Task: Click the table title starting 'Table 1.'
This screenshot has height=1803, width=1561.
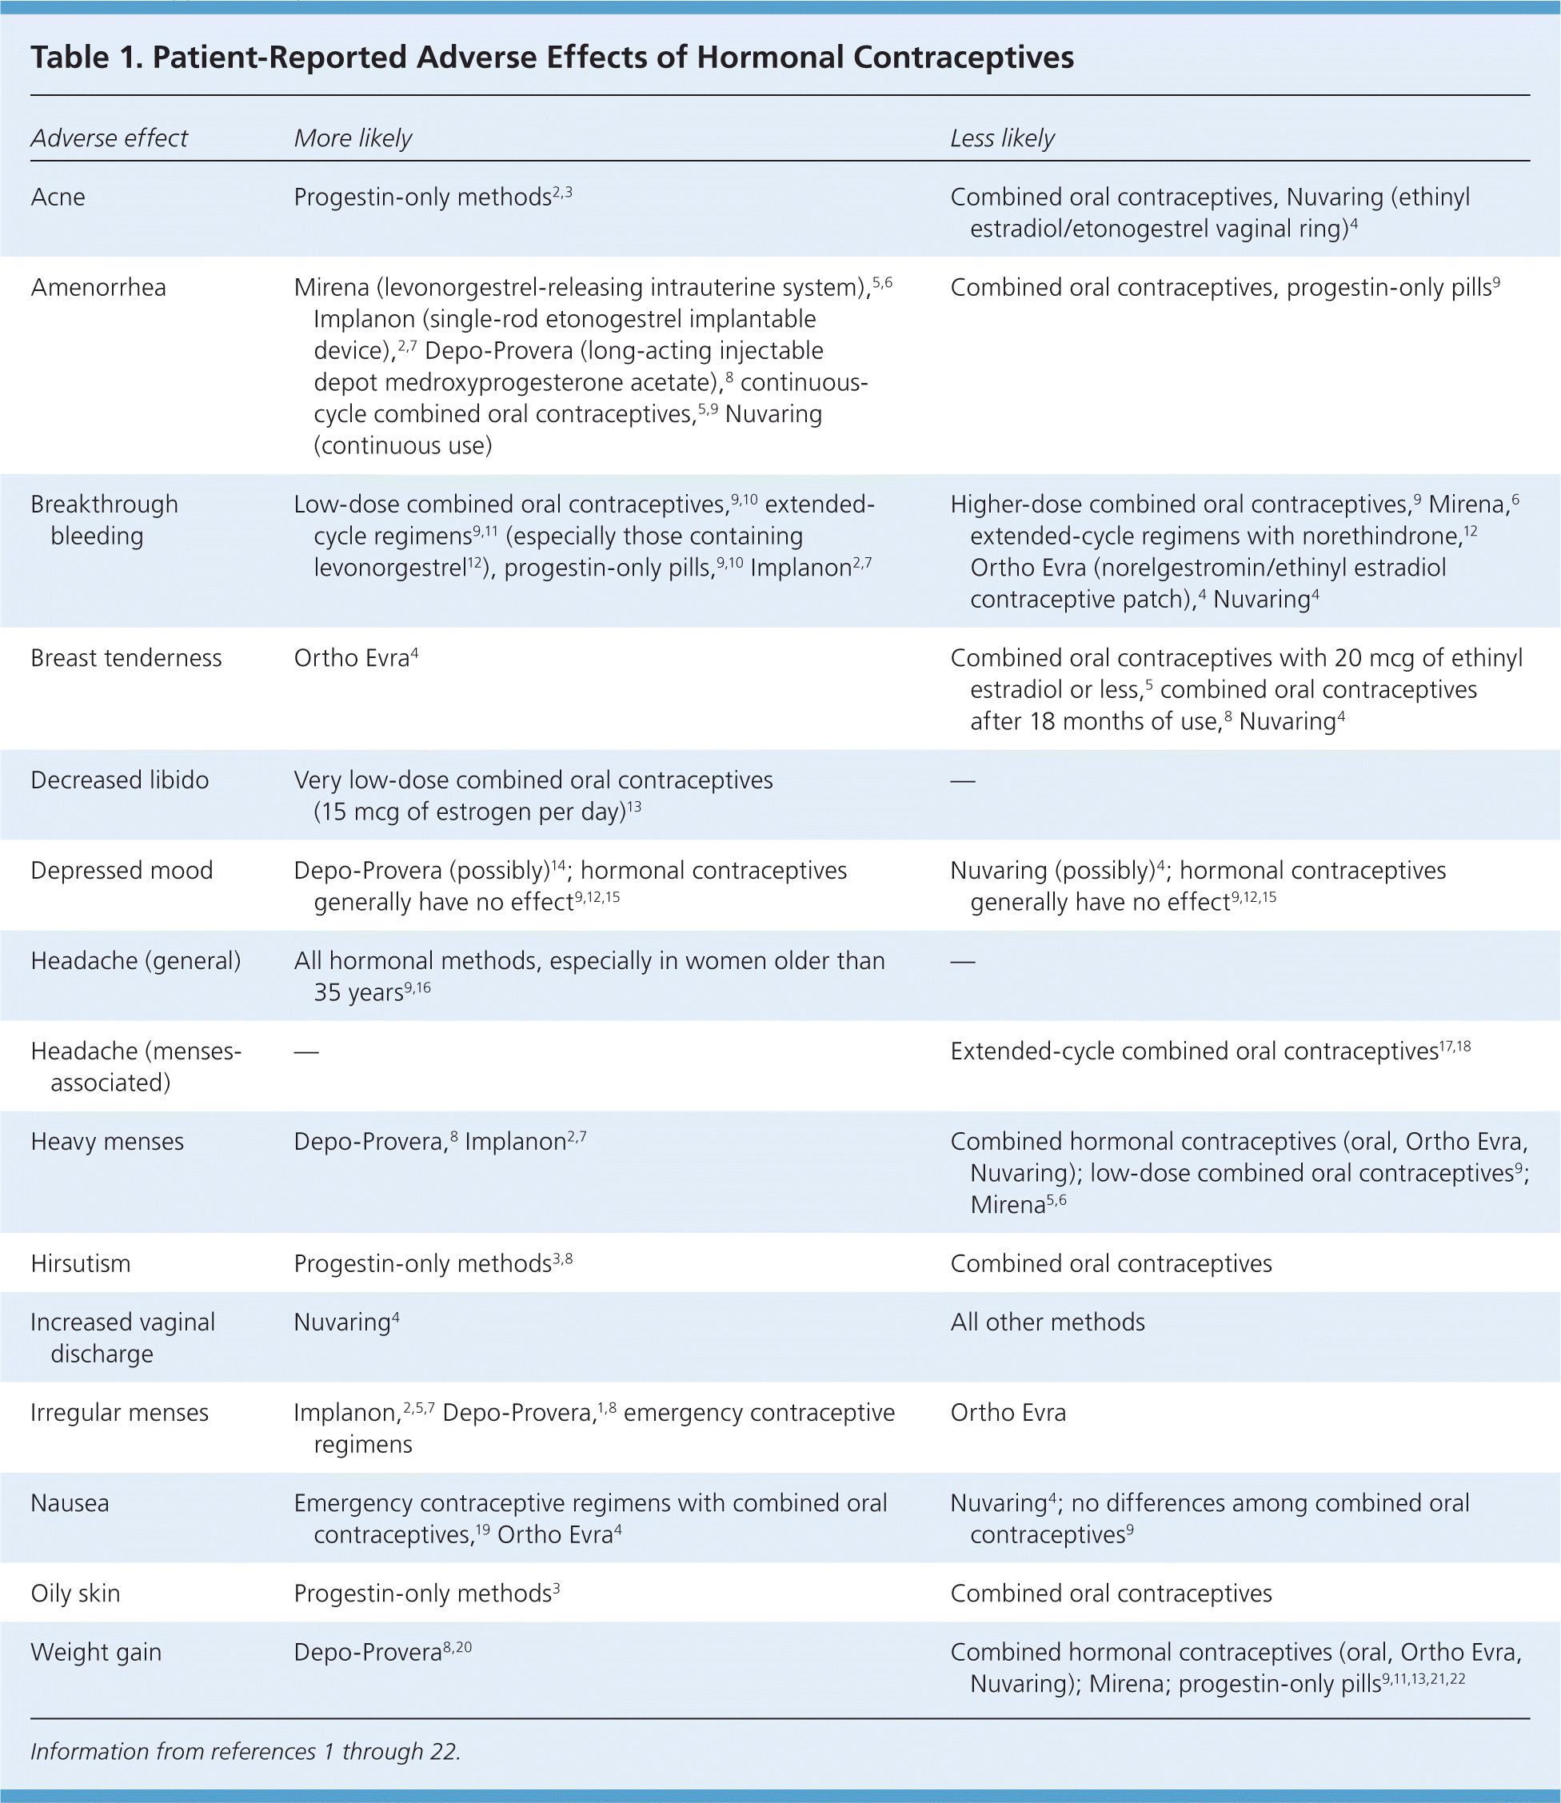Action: tap(552, 58)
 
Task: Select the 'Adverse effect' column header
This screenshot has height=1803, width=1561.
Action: tap(109, 138)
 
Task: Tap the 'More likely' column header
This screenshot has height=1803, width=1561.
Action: tap(353, 138)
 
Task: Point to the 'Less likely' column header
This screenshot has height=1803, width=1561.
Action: tap(1002, 138)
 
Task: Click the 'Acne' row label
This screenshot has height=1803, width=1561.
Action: tap(58, 197)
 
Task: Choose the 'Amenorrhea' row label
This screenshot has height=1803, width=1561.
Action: tap(98, 287)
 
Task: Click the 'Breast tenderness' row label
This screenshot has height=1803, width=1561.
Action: tap(126, 657)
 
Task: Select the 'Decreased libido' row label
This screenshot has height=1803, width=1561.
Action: tap(119, 780)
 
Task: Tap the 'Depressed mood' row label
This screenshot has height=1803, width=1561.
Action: tap(121, 870)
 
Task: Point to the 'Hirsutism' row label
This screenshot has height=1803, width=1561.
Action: tap(80, 1263)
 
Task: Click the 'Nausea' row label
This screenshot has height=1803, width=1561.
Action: tap(70, 1502)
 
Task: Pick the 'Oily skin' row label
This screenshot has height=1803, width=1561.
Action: tap(75, 1593)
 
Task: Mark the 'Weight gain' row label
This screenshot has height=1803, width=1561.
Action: tap(96, 1653)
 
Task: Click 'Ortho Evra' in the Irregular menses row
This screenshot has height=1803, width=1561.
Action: tap(1008, 1412)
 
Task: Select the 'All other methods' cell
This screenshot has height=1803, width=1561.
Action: tap(1047, 1322)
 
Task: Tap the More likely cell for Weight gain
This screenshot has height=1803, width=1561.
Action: tap(381, 1653)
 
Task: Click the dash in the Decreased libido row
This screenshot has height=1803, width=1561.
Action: tap(963, 780)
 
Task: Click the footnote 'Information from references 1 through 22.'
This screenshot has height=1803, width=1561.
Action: tap(245, 1751)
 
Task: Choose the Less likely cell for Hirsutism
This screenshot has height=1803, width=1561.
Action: tap(1111, 1263)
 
